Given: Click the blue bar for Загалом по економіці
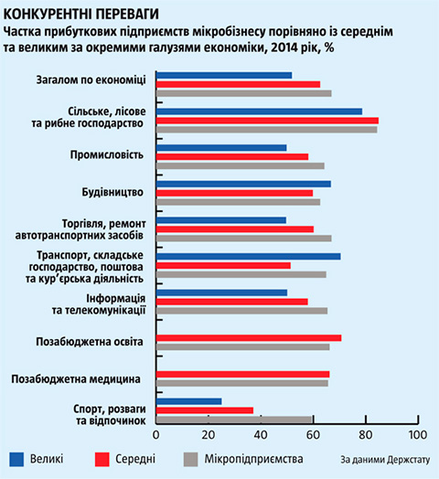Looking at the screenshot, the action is [224, 76].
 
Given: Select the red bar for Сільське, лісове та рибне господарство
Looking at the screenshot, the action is [267, 121].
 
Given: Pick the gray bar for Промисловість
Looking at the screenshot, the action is [241, 165].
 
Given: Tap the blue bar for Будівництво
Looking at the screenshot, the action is [243, 184].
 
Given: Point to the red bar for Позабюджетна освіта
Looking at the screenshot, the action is [249, 338].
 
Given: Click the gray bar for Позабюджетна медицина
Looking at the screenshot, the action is [242, 383].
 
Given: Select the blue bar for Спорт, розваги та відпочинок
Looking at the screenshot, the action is [189, 401].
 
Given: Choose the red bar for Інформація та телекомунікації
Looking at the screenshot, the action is [232, 302].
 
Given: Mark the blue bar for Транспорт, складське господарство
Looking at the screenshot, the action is [248, 256].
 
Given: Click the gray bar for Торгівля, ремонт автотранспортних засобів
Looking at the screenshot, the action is [243, 239].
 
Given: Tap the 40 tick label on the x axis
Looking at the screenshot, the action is [261, 435].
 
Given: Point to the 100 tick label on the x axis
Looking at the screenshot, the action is [418, 435].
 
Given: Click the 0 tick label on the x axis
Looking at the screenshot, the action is [155, 435].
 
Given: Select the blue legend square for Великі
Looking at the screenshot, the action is [16, 460].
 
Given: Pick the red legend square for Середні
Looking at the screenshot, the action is [102, 460].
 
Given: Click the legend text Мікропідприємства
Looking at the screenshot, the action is [253, 459].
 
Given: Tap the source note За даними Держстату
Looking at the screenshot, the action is [385, 460].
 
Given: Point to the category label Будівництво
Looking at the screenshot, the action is [112, 192].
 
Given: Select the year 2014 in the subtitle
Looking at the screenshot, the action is [284, 48].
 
